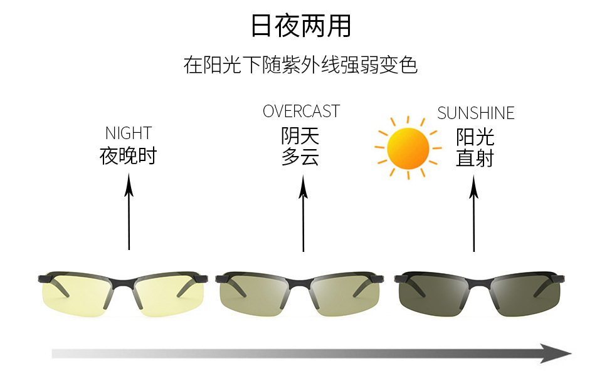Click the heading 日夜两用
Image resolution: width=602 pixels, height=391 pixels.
301,26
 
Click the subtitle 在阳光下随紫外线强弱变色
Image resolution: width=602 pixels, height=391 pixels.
300,65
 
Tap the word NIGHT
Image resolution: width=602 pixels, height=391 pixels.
129,133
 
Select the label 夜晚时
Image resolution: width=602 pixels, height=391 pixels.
128,155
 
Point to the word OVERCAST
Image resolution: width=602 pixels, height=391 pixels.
302,112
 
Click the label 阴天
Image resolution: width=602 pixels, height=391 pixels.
300,136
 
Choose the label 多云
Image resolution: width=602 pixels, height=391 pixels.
300,157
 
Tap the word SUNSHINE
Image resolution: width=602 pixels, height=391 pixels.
476,113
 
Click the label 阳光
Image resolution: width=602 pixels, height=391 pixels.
475,137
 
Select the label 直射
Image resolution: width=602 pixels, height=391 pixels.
475,158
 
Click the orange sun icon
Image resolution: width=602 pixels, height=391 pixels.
408,148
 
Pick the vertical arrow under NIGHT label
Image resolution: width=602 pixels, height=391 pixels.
129,211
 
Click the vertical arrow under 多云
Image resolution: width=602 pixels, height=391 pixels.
304,213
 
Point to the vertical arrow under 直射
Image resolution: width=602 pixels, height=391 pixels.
474,213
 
